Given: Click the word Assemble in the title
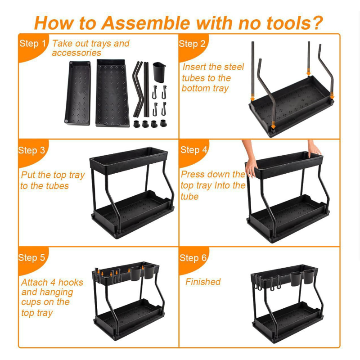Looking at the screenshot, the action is coord(145,23).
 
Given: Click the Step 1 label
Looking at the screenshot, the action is coord(32,43).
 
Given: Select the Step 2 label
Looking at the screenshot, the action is coord(192,44).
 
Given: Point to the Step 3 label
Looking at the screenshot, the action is coord(31,150).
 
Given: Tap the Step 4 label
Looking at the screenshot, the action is coord(194,150).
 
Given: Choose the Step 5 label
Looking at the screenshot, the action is coord(31,257).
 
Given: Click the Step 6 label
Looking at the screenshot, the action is coord(193,258).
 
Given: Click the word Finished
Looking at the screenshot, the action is coord(203,282).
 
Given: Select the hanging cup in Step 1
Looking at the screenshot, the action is coord(159,72).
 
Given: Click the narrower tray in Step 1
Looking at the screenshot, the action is coord(78,93).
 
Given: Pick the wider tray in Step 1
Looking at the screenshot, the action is coord(112,93).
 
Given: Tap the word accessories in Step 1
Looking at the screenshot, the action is coord(76,53).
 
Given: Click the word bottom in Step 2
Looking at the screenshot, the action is coord(196,88).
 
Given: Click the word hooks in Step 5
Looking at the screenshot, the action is coord(70,282).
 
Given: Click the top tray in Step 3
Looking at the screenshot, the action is coord(129,160).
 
